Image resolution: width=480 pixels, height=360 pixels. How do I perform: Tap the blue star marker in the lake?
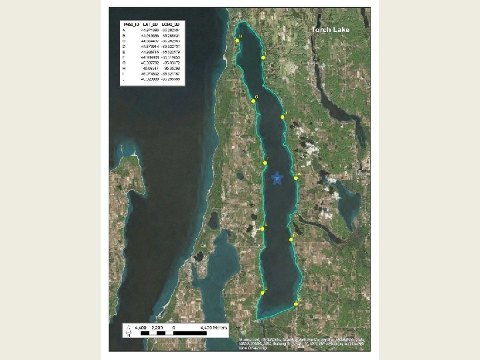pyautogui.click(x=277, y=179)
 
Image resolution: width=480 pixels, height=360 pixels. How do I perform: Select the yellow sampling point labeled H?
pyautogui.click(x=237, y=41)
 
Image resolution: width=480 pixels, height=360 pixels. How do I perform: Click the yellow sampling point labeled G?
pyautogui.click(x=253, y=101)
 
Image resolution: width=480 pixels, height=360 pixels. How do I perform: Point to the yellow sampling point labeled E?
pyautogui.click(x=263, y=229)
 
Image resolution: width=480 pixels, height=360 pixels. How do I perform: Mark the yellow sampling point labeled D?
pyautogui.click(x=263, y=293)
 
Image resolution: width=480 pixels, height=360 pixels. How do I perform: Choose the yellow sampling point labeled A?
pyautogui.click(x=296, y=178)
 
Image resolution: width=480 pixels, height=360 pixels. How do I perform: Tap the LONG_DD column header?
pyautogui.click(x=173, y=24)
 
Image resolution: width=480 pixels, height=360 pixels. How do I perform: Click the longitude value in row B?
pyautogui.click(x=173, y=35)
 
